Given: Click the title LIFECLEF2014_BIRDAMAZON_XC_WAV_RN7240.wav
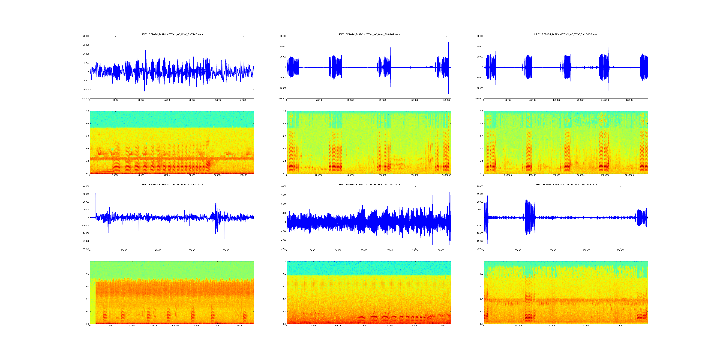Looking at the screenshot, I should pos(172,34).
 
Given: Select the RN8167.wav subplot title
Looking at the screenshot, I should pos(369,34).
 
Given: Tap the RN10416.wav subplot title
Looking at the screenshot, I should pos(565,34).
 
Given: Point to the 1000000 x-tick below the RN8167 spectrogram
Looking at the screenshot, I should pos(446,175).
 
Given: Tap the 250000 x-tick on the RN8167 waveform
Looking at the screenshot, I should pos(446,100).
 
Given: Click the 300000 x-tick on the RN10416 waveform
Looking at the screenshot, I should pos(629,100).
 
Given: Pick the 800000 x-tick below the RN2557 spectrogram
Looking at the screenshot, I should pos(621,325).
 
